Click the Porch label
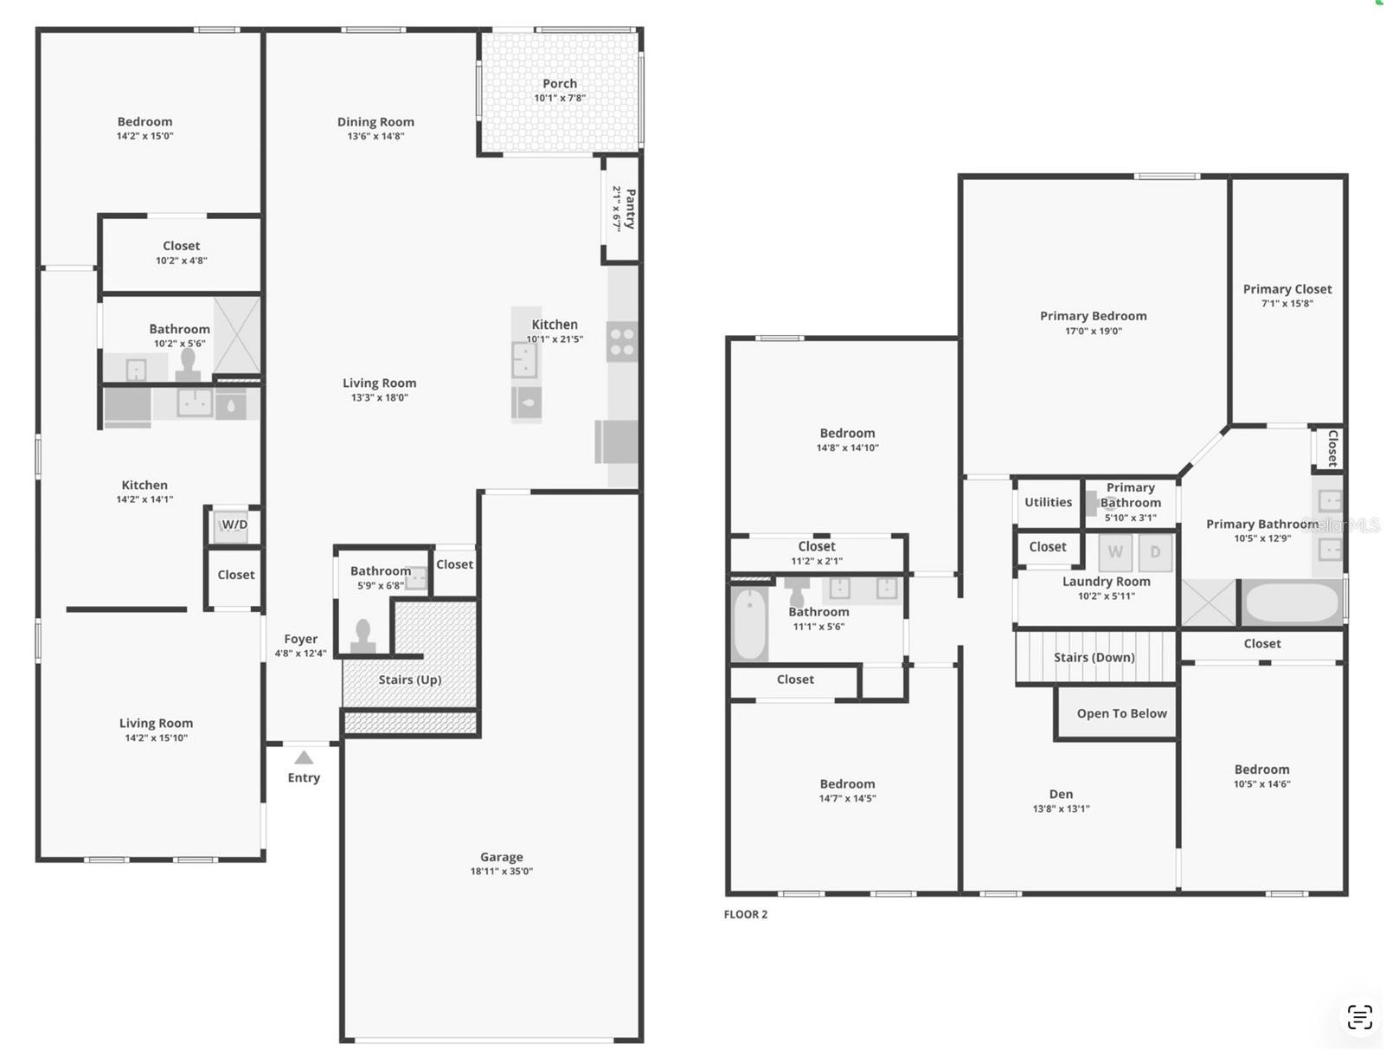[x=560, y=83]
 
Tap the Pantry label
[x=630, y=209]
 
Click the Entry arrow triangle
[x=304, y=757]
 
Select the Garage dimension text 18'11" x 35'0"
[x=502, y=872]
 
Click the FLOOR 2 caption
[x=745, y=914]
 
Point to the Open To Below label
[x=1122, y=713]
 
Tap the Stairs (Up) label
[x=410, y=680]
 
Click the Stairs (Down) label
[x=1094, y=657]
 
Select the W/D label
[x=234, y=525]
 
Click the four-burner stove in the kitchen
[x=621, y=342]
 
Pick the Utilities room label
[x=1048, y=502]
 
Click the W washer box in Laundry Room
[x=1114, y=552]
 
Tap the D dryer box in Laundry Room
[x=1155, y=552]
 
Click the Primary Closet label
[x=1287, y=289]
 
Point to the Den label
[x=1061, y=794]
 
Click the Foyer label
[x=301, y=639]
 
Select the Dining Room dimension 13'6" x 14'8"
[x=375, y=136]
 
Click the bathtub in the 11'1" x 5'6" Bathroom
[x=749, y=623]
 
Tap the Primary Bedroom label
[x=1093, y=316]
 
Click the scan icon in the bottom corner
[x=1359, y=1017]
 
